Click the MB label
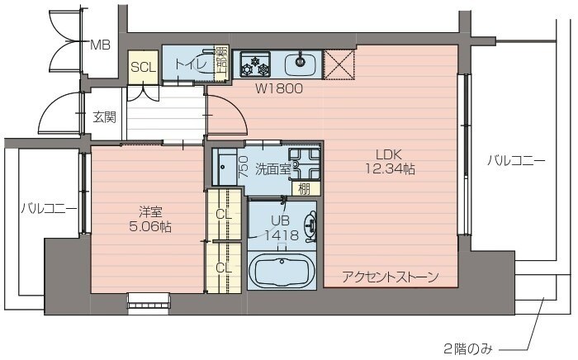[100, 45]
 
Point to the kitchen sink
[301, 63]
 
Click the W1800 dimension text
[278, 88]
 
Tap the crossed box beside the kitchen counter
[339, 64]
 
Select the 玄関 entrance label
[104, 116]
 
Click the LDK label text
[389, 154]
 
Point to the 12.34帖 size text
[389, 169]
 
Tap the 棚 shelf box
[304, 188]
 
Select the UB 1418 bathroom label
[280, 228]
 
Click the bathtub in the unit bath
[280, 272]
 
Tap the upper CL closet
[224, 215]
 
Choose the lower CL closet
[224, 267]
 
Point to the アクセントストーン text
[390, 277]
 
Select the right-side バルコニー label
[515, 160]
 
